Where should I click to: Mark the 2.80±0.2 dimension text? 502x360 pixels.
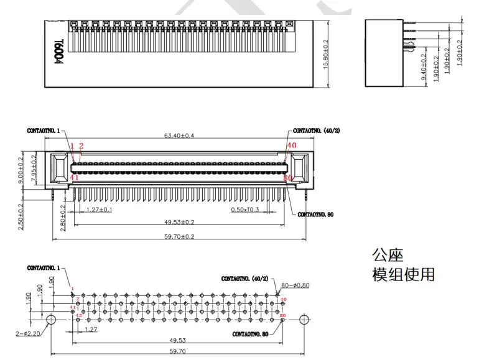(x=62, y=216)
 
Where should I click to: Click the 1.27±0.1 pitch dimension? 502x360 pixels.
(x=100, y=209)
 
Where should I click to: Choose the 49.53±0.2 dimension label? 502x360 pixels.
(x=179, y=222)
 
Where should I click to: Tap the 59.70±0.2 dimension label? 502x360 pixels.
(x=179, y=236)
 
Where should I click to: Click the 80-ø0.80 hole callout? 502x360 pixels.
(x=295, y=285)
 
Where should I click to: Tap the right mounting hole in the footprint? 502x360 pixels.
(x=304, y=319)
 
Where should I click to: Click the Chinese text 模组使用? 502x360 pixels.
(x=403, y=274)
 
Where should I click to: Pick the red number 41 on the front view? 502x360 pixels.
(x=75, y=178)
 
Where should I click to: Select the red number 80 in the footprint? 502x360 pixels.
(x=283, y=316)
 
